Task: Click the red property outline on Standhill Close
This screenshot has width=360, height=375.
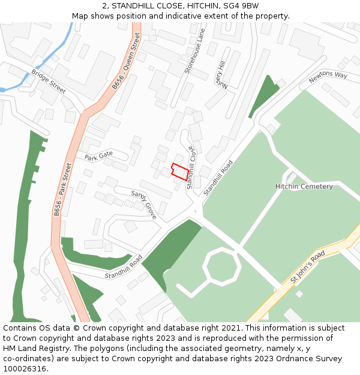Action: coord(179,172)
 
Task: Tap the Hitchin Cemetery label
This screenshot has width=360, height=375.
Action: coord(304,187)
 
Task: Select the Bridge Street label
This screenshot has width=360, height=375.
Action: coord(48,82)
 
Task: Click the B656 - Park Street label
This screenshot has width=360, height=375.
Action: coord(62,189)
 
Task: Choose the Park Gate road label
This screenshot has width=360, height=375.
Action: coord(98,157)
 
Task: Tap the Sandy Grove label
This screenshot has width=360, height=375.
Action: coord(144,204)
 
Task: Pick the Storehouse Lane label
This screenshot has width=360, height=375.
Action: coord(195,50)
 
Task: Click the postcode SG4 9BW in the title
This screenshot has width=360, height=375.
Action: coord(242,6)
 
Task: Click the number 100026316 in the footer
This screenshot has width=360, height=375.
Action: coord(25,369)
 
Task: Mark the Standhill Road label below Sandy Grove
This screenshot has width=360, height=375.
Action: coord(123,266)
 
